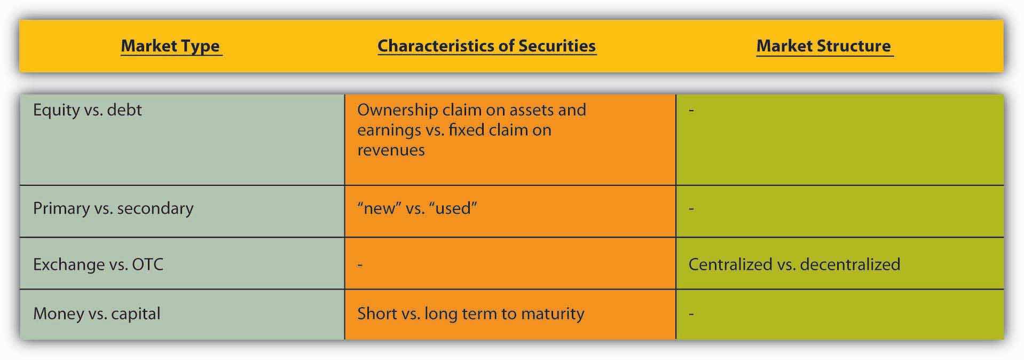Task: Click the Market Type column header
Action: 170,46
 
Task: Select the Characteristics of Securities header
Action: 486,46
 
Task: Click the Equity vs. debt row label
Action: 88,110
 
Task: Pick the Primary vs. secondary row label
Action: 113,208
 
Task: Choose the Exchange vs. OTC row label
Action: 98,264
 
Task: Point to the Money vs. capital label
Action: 97,314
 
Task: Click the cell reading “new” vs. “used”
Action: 417,208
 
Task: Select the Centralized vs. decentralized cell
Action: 794,264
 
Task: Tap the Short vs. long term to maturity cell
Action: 470,314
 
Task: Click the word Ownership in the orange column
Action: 398,110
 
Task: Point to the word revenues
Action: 391,151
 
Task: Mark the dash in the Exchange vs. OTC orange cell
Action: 360,264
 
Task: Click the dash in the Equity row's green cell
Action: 691,111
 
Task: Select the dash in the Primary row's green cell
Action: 691,208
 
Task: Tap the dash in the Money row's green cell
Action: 691,314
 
